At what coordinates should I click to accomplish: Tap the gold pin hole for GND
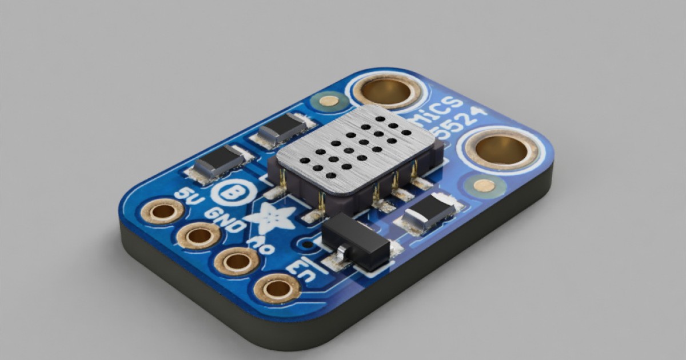198,235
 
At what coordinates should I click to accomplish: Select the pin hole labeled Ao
236,261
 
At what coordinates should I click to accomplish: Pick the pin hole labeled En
278,288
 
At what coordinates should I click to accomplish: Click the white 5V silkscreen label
186,197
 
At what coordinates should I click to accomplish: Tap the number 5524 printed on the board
457,127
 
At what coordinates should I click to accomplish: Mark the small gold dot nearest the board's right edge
484,185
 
